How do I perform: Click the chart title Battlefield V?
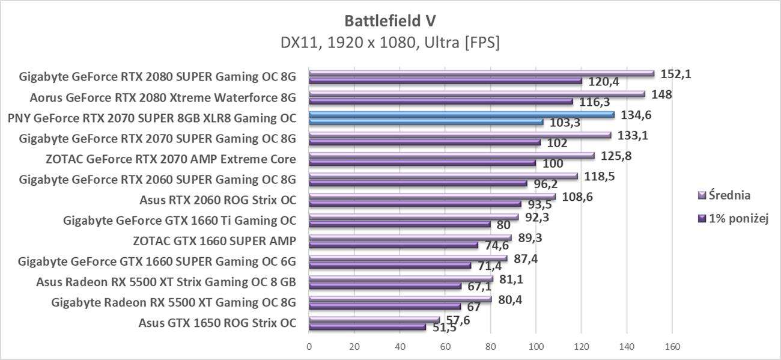coord(390,20)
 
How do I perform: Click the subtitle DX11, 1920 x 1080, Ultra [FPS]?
coord(390,43)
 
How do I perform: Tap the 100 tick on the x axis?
coord(536,347)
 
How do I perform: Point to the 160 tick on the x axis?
coord(672,347)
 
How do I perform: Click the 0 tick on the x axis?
coord(309,347)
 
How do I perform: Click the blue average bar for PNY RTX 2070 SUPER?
coord(461,114)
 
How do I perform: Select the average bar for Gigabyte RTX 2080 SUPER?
coord(481,73)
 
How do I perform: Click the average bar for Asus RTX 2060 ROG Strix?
coord(432,196)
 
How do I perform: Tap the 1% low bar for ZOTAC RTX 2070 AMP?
coord(422,163)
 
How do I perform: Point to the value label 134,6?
coord(635,114)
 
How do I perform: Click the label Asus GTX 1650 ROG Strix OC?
coord(217,323)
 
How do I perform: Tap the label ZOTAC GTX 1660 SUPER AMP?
coord(214,241)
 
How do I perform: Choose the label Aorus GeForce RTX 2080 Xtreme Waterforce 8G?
coord(163,98)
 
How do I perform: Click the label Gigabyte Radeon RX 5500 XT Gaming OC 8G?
coord(174,302)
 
